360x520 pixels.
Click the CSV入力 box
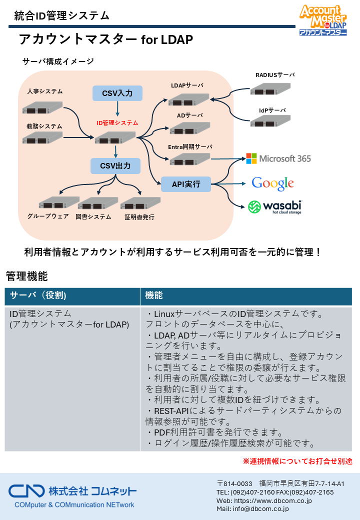point(117,93)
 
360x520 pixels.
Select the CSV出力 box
point(115,165)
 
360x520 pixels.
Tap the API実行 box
point(186,184)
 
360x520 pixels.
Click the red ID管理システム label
point(117,122)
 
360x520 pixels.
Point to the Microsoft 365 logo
point(278,158)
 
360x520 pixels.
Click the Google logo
point(272,183)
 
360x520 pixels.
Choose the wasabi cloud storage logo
point(275,206)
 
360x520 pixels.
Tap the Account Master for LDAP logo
point(323,20)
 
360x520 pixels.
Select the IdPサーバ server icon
point(271,120)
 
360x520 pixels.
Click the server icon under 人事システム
point(42,107)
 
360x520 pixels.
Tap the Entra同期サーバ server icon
point(190,159)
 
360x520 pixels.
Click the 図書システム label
point(93,216)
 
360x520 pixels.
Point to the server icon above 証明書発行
point(140,203)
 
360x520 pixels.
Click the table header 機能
point(154,295)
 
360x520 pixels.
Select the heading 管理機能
point(26,275)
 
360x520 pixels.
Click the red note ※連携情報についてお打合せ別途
point(297,461)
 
